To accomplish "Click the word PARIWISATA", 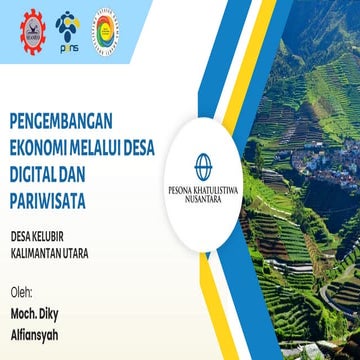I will coord(46,200).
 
